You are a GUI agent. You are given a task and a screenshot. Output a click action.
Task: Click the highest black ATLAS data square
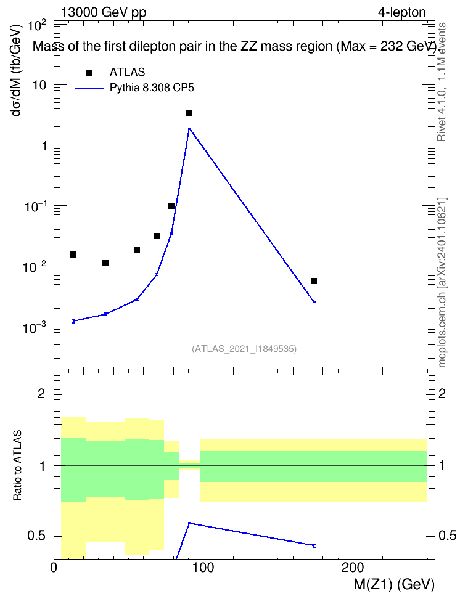(x=189, y=113)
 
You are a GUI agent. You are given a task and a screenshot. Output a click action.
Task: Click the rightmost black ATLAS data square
(x=314, y=281)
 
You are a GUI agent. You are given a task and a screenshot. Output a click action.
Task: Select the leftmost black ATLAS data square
(x=73, y=255)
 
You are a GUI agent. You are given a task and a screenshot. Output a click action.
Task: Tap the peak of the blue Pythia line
(x=189, y=128)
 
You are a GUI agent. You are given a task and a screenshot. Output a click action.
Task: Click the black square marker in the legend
(x=89, y=73)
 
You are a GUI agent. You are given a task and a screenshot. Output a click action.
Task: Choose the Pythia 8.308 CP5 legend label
(x=152, y=88)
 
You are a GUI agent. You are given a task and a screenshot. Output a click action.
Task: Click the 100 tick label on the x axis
(x=203, y=568)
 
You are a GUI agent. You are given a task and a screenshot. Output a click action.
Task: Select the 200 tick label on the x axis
(x=352, y=568)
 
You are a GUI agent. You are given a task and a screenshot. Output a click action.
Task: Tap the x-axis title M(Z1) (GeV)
(x=394, y=585)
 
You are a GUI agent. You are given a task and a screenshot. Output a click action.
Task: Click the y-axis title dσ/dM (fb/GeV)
(x=16, y=70)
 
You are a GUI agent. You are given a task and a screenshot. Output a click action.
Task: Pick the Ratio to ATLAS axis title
(x=17, y=466)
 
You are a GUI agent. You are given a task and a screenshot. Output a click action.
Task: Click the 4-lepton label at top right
(x=402, y=12)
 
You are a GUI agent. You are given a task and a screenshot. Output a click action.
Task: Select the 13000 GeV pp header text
(x=104, y=13)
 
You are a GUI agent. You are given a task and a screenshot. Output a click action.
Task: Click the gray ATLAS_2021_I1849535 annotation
(x=244, y=349)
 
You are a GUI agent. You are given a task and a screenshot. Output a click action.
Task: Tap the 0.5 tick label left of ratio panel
(x=36, y=536)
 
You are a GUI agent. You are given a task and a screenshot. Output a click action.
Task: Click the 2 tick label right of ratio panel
(x=442, y=393)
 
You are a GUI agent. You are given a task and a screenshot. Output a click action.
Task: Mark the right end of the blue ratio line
(x=314, y=545)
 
